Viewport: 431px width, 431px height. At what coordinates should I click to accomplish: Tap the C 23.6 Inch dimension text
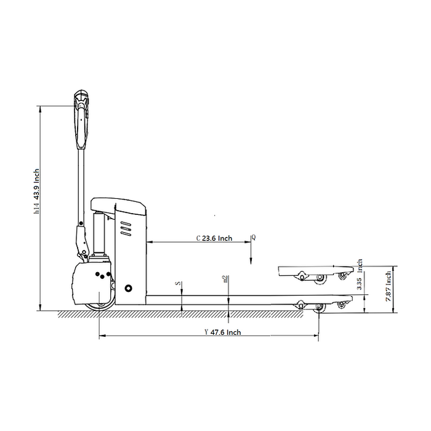click(x=214, y=238)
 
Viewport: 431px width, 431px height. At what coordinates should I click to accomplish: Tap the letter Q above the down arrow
click(x=253, y=237)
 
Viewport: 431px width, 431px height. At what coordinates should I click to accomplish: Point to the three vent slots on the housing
click(x=126, y=230)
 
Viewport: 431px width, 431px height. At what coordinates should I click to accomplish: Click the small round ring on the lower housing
click(x=128, y=288)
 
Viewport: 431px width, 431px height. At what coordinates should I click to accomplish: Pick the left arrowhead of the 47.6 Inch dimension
click(x=101, y=336)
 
